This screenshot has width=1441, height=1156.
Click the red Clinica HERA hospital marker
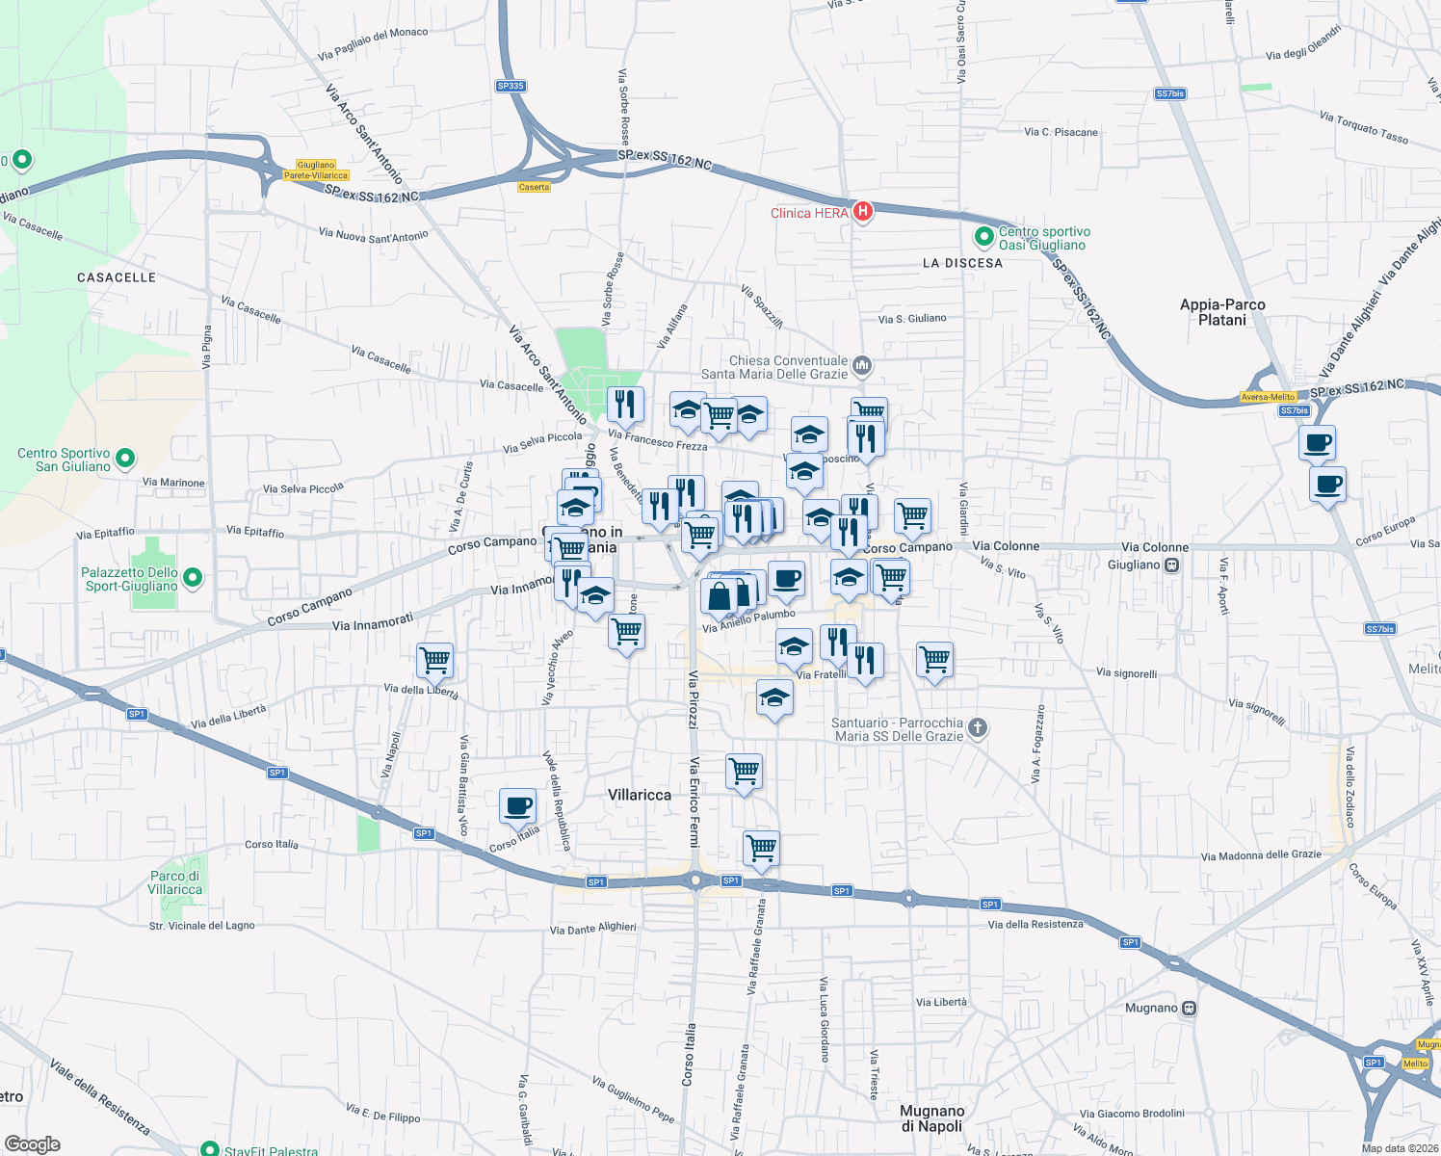coord(862,212)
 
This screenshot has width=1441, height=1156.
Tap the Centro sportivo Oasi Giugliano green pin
coord(983,237)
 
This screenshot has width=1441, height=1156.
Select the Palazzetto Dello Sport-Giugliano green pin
coord(193,578)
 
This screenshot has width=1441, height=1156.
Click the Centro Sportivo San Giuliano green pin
coord(125,460)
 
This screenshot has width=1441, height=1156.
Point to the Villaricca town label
coord(640,795)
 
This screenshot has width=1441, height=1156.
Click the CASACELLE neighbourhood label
coord(117,277)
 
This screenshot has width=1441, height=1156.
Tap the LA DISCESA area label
coord(962,263)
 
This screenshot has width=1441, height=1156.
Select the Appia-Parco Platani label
coord(1222,312)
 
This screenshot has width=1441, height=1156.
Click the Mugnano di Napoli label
coord(931,1118)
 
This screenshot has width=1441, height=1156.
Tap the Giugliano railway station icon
coord(1172,565)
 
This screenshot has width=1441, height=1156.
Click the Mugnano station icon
coord(1190,1009)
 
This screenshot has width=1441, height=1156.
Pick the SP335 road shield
coord(511,86)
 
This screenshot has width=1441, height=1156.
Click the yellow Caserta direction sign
coord(534,187)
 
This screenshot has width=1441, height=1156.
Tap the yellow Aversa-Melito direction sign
coord(1268,397)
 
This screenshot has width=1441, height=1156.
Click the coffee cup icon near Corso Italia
coord(517,805)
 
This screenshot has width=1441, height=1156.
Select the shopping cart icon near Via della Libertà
coord(434,660)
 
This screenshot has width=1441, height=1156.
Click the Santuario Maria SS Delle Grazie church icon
coord(978,728)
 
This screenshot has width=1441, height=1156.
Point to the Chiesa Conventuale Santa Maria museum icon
coord(862,365)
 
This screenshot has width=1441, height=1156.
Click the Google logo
coord(33,1144)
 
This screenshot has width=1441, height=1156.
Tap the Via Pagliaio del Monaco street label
coord(373,43)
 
